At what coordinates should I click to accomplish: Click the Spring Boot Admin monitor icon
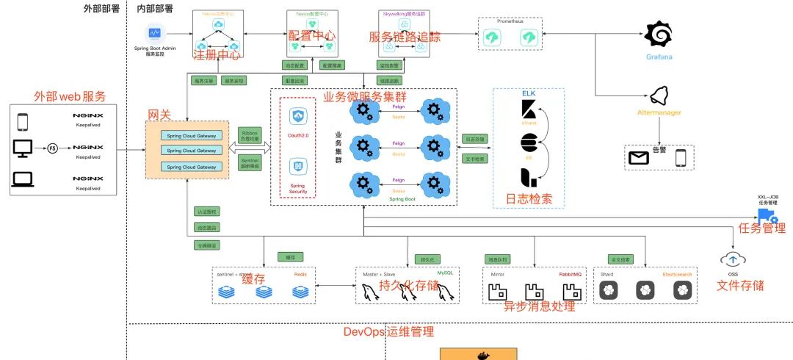tap(155, 33)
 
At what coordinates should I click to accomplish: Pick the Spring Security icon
tap(297, 166)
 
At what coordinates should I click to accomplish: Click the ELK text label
tap(529, 94)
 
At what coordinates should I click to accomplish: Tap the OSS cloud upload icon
tap(732, 259)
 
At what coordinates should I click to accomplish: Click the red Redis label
tap(300, 273)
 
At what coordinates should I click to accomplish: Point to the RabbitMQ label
tap(571, 273)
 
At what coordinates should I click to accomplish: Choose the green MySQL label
tap(446, 273)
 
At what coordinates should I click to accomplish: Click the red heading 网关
tap(160, 115)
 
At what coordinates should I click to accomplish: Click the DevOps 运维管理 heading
tap(388, 331)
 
